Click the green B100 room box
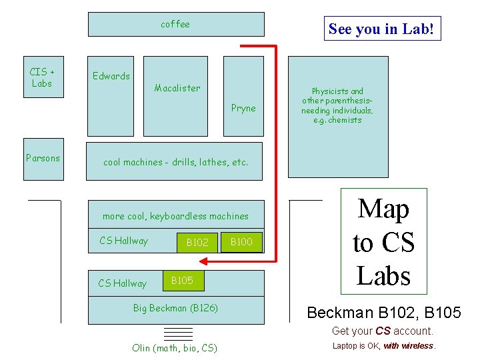coord(241,242)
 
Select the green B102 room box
coord(197,243)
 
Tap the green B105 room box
coord(182,281)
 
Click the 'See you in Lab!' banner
coord(382,29)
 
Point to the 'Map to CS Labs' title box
coord(383,241)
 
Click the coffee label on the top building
coord(175,24)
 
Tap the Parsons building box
coord(43,159)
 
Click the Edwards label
coord(111,76)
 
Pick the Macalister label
coord(177,88)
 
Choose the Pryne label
coord(243,108)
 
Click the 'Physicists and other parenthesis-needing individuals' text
coord(337,105)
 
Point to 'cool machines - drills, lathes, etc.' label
coord(175,162)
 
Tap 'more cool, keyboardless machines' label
coord(175,216)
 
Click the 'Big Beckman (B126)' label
coord(175,308)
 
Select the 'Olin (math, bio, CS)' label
coord(175,348)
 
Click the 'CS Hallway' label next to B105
coord(122,283)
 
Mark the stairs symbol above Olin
coord(178,333)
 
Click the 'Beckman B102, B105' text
coord(383,312)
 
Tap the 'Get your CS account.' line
coord(383,331)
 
